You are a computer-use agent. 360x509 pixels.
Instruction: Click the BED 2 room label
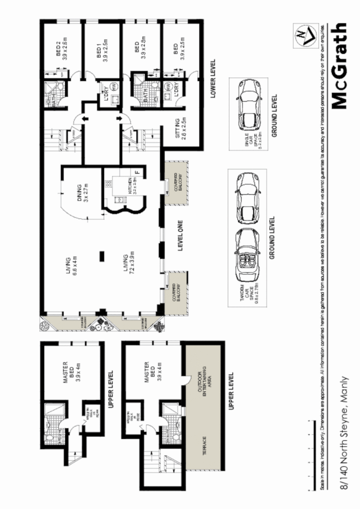click(x=61, y=51)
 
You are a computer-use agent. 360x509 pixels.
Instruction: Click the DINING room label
click(x=82, y=193)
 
